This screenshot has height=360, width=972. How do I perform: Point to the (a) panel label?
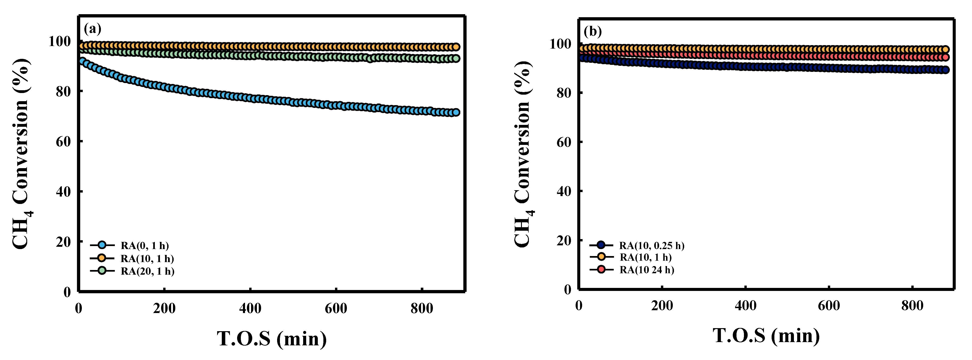[x=93, y=28]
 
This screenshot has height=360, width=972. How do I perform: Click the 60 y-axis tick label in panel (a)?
[x=63, y=141]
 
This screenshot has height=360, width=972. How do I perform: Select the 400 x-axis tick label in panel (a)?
[x=250, y=309]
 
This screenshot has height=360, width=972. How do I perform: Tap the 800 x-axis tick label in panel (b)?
[x=912, y=306]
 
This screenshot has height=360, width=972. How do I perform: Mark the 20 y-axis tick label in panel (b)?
[x=564, y=240]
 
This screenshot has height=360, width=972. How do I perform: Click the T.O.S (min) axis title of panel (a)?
[x=272, y=339]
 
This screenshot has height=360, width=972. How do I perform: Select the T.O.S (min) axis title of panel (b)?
[x=766, y=336]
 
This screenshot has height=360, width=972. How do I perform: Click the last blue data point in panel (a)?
[x=456, y=112]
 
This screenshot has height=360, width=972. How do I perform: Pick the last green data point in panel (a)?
[x=456, y=59]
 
